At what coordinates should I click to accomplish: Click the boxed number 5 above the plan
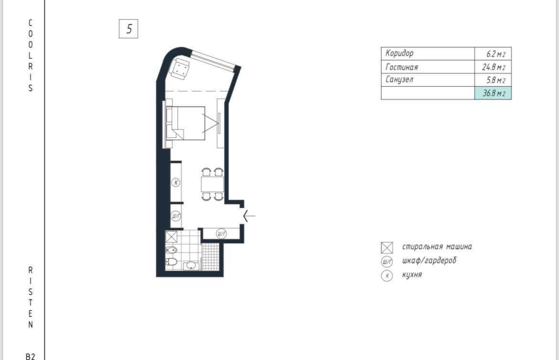[129, 29]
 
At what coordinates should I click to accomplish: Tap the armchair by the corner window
[180, 68]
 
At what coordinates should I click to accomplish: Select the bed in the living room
[185, 123]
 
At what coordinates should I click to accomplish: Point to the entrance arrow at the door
[249, 216]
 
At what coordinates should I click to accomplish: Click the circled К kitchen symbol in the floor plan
[175, 183]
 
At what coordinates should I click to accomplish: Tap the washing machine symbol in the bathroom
[171, 237]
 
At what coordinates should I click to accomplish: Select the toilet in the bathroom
[171, 262]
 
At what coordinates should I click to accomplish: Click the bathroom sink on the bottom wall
[192, 265]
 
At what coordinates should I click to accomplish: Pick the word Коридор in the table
[399, 54]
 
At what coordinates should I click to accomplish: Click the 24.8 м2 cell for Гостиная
[494, 67]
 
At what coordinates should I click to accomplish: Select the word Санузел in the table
[399, 79]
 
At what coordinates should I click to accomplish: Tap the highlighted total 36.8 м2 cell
[494, 93]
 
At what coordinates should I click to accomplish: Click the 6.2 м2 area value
[495, 54]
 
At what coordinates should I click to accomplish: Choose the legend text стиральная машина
[437, 247]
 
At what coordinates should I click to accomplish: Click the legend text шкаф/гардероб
[429, 261]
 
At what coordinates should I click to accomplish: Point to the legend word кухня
[412, 275]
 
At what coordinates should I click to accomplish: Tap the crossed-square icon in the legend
[387, 248]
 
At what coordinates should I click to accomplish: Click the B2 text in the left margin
[30, 357]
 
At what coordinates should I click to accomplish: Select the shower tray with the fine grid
[210, 257]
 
